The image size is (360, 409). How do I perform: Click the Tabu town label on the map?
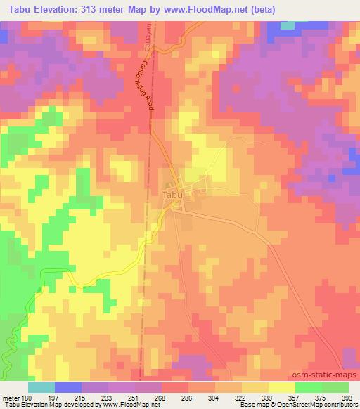172,194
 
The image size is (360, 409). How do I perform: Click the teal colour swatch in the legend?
41,387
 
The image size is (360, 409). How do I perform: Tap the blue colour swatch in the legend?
68,387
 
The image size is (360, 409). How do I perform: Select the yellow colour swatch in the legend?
282,387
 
